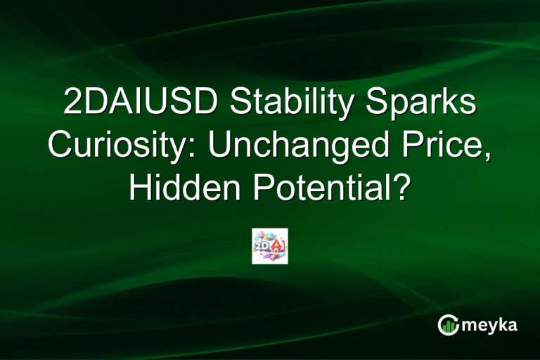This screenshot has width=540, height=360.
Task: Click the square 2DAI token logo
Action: coord(270,246)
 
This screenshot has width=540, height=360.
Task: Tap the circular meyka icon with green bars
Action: coord(448,324)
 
